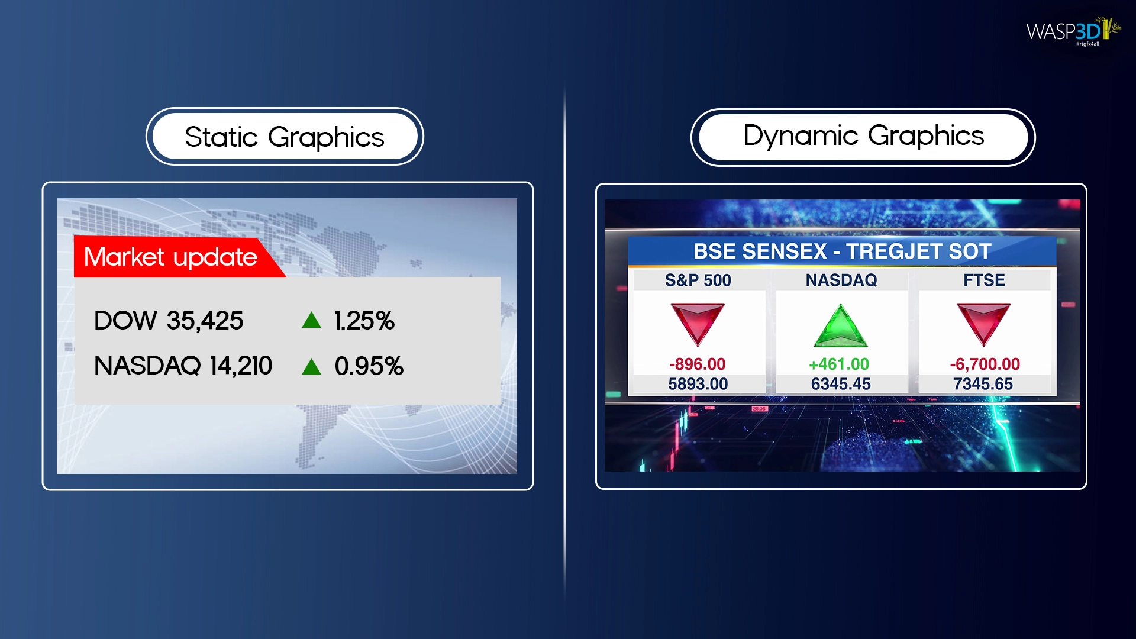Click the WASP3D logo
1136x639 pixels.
click(1073, 31)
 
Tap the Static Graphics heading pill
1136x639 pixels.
click(285, 137)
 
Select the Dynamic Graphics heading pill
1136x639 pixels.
click(863, 137)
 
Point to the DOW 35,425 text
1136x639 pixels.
click(169, 321)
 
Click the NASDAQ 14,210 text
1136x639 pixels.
click(183, 366)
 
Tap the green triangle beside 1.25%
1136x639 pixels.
click(311, 320)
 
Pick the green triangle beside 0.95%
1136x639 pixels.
click(311, 367)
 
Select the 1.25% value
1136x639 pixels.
click(364, 321)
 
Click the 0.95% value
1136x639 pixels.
click(369, 366)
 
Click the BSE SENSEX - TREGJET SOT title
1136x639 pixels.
click(842, 251)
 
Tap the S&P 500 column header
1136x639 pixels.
click(698, 280)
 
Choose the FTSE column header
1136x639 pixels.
click(984, 280)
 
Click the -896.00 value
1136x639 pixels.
click(698, 364)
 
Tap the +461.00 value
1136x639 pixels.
click(840, 364)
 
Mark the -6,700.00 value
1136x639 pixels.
click(985, 364)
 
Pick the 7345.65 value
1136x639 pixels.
click(983, 384)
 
